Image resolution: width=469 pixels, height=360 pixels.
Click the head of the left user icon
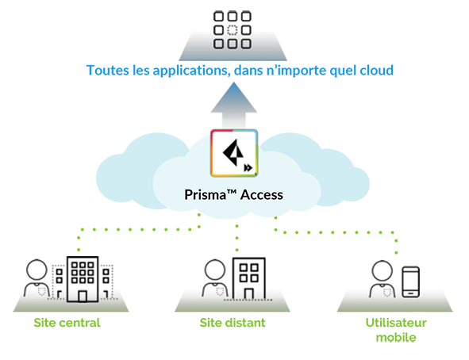point(37,267)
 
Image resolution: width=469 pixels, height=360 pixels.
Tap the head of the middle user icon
point(212,268)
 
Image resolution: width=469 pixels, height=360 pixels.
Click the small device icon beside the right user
point(411,293)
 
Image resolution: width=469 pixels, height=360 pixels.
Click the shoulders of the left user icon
point(37,288)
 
